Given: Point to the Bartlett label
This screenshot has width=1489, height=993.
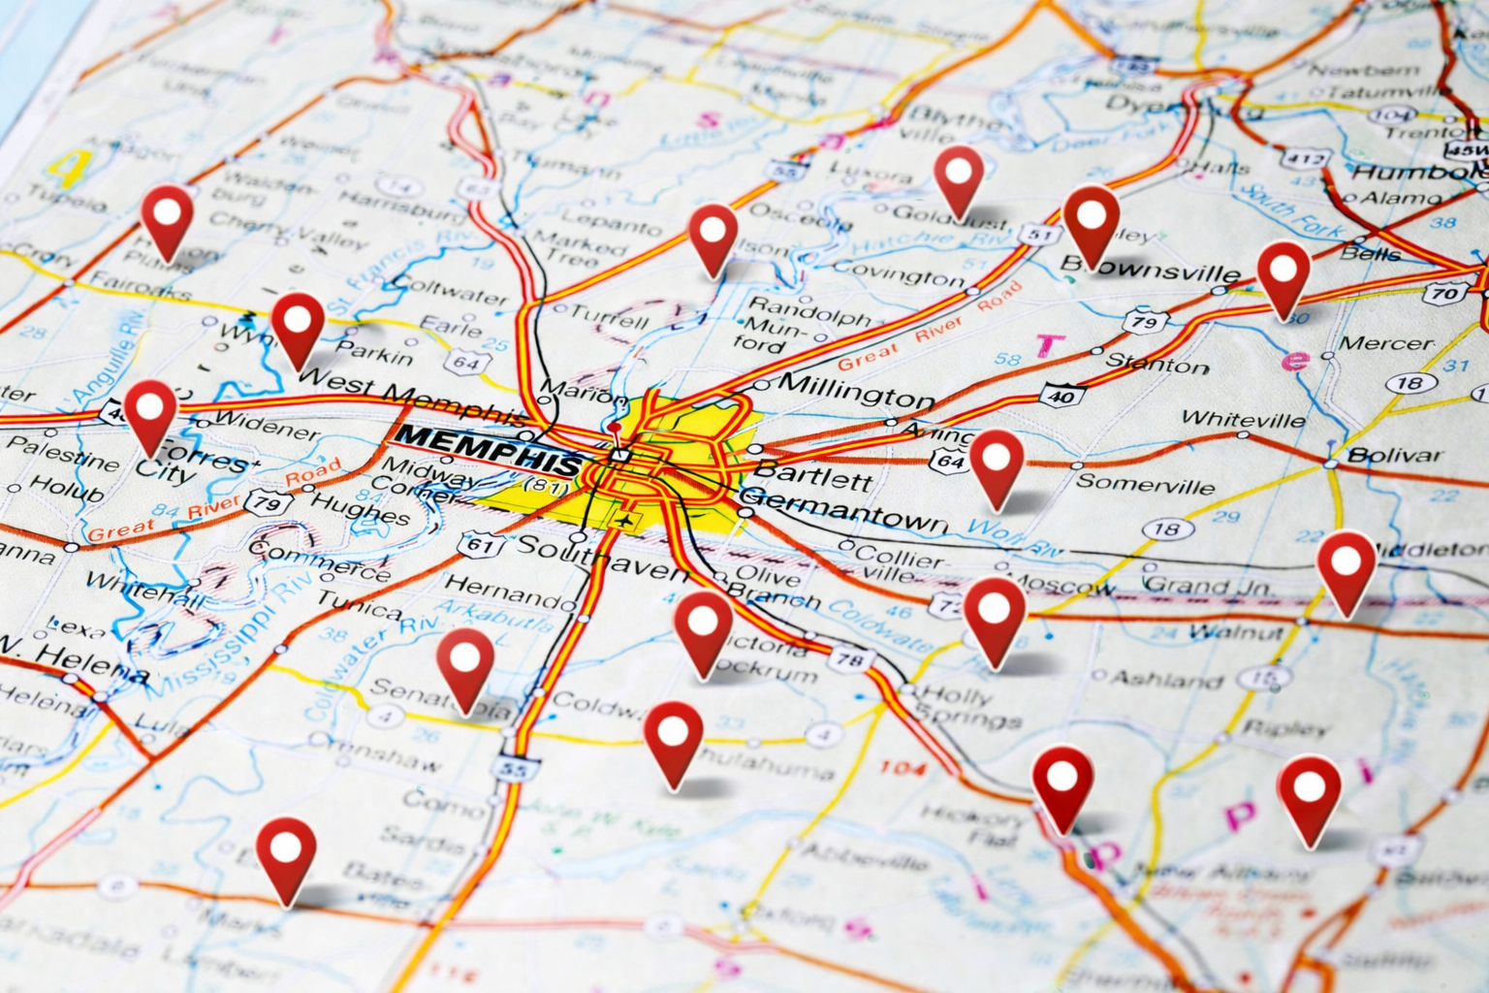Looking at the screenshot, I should (812, 476).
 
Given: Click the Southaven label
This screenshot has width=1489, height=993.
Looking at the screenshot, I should (600, 557).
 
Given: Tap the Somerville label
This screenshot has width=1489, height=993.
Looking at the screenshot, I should (1146, 483).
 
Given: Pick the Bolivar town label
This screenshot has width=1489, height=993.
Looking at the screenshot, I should (1394, 455).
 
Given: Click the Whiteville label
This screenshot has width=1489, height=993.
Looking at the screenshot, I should (1243, 420).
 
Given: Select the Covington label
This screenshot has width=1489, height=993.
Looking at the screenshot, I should (899, 274).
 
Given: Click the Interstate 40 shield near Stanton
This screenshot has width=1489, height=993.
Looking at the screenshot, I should (1061, 395).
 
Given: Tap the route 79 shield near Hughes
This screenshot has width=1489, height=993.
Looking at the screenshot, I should (268, 502).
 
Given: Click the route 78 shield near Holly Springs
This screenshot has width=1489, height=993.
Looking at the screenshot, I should (850, 660).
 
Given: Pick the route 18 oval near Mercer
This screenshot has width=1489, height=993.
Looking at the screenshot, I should (1410, 383).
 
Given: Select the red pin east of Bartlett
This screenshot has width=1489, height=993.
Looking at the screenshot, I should (997, 467).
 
